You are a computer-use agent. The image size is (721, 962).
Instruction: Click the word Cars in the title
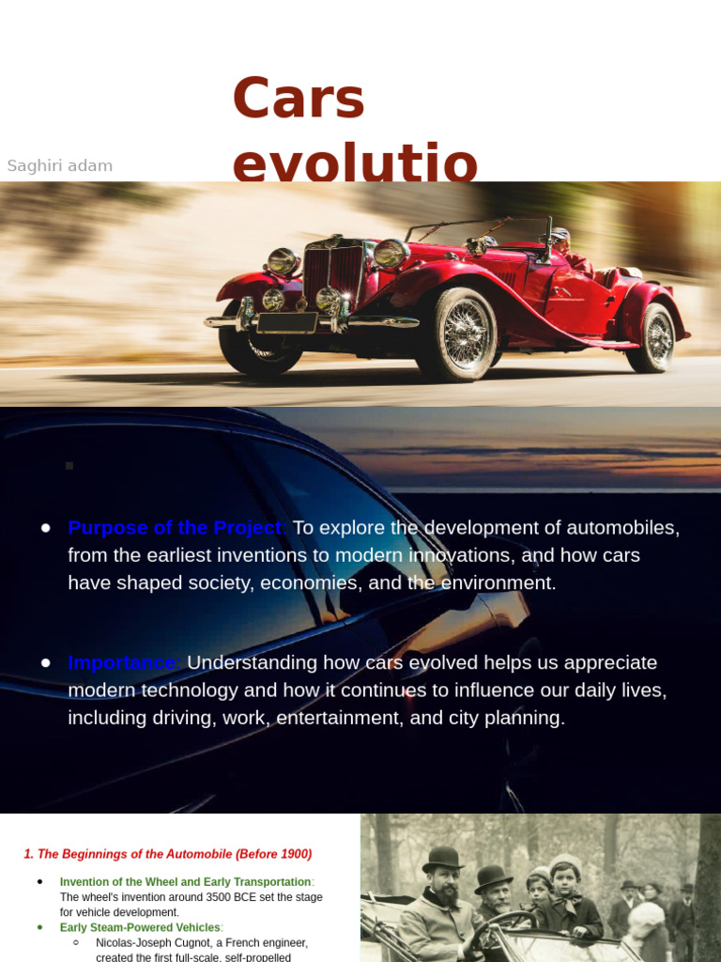click(x=298, y=100)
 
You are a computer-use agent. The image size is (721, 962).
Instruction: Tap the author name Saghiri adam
click(x=60, y=166)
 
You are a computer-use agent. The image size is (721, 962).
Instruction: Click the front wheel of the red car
click(x=457, y=334)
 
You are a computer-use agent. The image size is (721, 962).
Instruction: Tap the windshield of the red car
click(x=479, y=231)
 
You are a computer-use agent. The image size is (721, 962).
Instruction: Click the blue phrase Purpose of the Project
click(x=176, y=527)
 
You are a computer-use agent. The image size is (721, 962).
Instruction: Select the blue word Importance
click(x=123, y=662)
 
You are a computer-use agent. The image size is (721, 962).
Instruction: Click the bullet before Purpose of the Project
click(x=45, y=528)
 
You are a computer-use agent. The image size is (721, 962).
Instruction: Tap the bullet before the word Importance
click(x=45, y=663)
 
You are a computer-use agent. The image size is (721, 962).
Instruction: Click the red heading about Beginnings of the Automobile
click(x=168, y=854)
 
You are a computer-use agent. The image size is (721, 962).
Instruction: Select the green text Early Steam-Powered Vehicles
click(x=140, y=927)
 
